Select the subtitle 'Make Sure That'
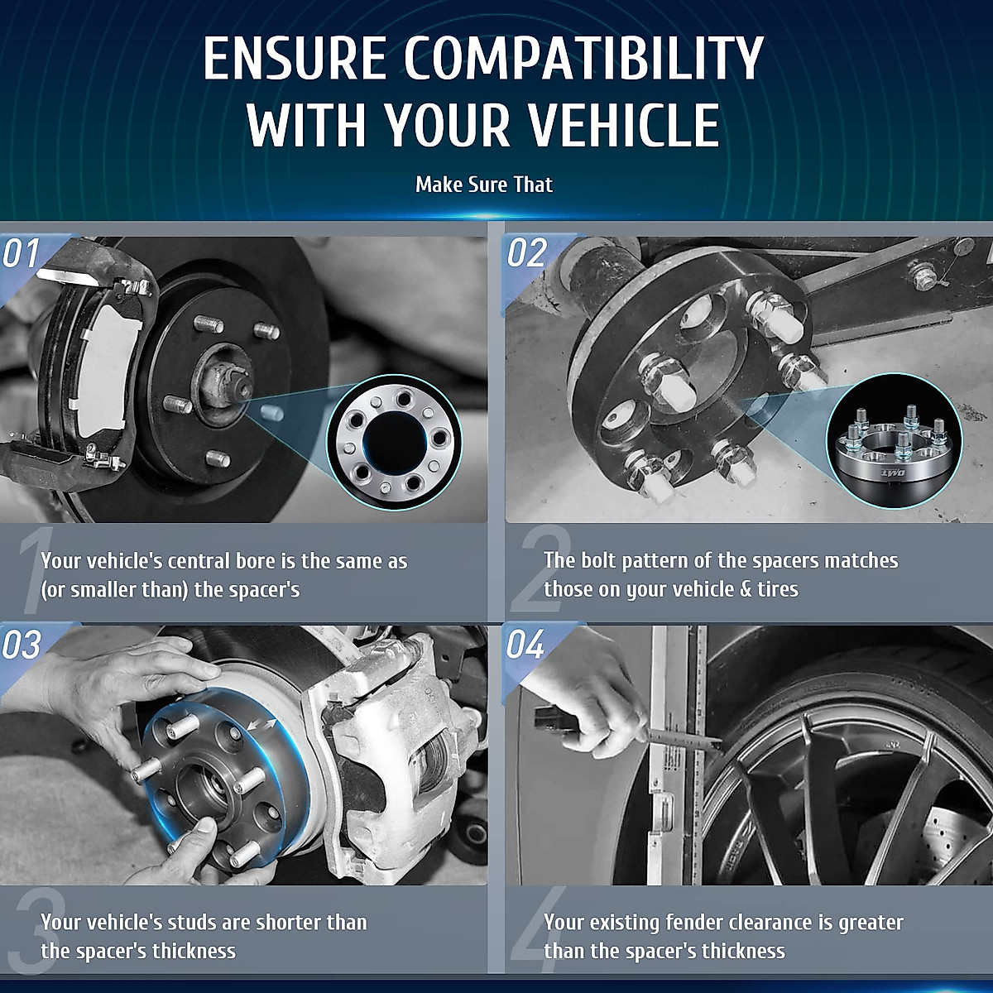tap(484, 185)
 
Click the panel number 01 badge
tap(22, 253)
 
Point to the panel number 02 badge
tap(526, 253)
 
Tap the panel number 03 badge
tap(22, 644)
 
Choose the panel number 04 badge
tap(525, 644)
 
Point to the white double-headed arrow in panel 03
tap(261, 724)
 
